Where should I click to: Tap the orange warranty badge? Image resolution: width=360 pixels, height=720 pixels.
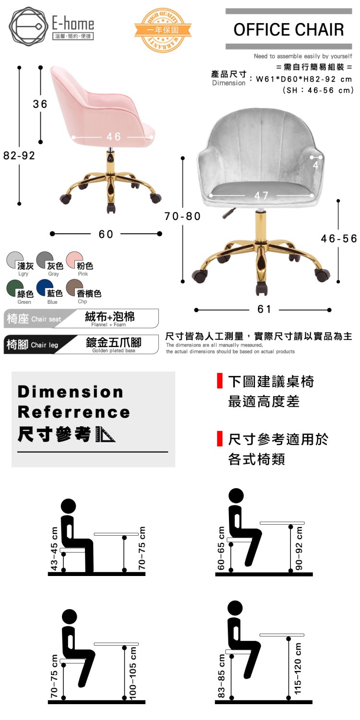[x=163, y=30]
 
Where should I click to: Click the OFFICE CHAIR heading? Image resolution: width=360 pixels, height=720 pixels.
[x=288, y=30]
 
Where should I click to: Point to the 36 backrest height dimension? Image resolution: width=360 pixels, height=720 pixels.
[x=40, y=104]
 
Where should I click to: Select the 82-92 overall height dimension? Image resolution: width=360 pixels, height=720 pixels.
[x=19, y=156]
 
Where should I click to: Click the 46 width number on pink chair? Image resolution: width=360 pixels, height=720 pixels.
[x=114, y=137]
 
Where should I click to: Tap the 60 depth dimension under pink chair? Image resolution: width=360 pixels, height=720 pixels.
[x=106, y=234]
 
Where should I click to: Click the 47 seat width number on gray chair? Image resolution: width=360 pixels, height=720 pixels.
[x=261, y=195]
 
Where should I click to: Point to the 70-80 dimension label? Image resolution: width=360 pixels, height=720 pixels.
[x=182, y=216]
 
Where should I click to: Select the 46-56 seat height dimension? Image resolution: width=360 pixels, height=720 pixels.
[x=339, y=239]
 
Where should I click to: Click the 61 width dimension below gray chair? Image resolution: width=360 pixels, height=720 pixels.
[x=264, y=309]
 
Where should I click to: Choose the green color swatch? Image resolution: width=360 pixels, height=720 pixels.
[x=15, y=288]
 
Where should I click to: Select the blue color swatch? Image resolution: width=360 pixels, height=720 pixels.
[x=45, y=288]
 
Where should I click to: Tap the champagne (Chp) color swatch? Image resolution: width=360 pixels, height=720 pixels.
[x=74, y=288]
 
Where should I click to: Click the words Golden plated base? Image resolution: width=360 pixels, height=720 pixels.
[x=114, y=351]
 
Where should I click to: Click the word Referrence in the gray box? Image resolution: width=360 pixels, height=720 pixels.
[x=74, y=412]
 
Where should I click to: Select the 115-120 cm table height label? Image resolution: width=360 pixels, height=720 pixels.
[x=298, y=668]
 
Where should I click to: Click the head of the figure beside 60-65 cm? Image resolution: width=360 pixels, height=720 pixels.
[x=236, y=495]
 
